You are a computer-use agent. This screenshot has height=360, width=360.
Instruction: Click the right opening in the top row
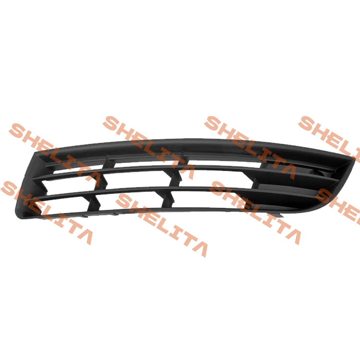[225, 163]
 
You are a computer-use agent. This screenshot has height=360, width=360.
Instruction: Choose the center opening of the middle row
[138, 180]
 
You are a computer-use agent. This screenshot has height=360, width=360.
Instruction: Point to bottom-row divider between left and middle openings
[94, 203]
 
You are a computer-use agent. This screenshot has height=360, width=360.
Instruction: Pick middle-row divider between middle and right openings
[175, 179]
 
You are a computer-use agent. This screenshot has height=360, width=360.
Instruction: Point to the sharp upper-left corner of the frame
[35, 152]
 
